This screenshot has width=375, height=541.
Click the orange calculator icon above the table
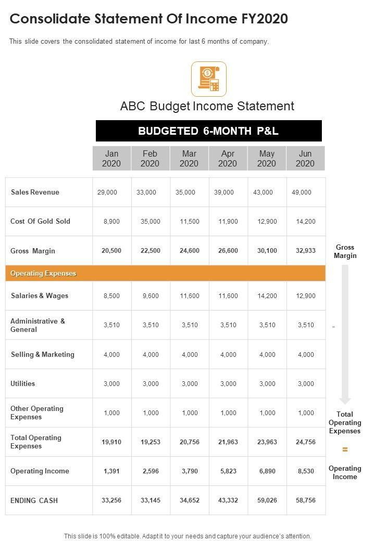coord(209,79)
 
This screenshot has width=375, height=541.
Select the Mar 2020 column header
coord(189,159)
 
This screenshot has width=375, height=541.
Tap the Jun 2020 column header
coord(305,159)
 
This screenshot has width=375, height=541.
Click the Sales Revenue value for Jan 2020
coord(107,192)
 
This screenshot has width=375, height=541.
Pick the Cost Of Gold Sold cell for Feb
coord(151,222)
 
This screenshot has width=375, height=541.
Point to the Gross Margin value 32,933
coord(306,251)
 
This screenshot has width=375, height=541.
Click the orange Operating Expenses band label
coord(43,274)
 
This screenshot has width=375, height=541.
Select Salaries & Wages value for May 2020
coord(267,296)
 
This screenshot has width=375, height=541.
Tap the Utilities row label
coord(23,384)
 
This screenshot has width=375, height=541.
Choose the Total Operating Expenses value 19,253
coord(151,442)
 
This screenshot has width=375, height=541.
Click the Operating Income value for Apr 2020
coord(228,471)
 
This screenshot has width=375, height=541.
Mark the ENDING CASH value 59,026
coord(267,500)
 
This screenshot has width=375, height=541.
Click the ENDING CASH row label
coord(34,500)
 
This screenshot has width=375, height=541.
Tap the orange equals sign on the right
coord(345,449)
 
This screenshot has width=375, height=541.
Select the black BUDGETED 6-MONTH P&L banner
coord(208,131)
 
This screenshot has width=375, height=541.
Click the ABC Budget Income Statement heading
coord(207,106)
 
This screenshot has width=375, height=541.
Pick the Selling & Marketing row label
coord(43,355)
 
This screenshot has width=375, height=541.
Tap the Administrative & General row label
coord(37,326)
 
